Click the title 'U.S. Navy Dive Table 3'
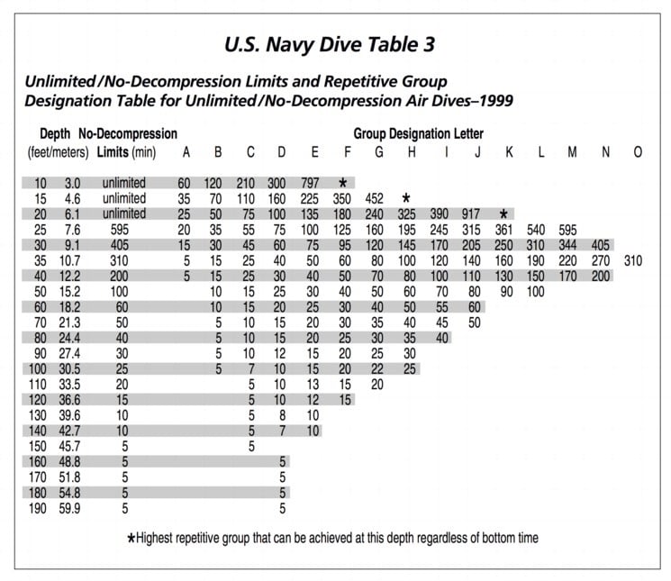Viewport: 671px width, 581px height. pos(335,43)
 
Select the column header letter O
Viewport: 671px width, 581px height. pos(637,152)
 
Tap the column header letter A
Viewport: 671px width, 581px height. pos(186,152)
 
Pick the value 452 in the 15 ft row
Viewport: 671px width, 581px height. pos(375,198)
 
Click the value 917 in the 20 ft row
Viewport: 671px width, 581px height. pos(472,213)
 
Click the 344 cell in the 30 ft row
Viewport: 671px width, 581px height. pos(570,245)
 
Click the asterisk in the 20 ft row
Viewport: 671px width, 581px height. pos(504,214)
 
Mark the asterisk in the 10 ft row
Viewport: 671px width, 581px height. pos(342,183)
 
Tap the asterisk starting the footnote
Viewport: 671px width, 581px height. pos(132,539)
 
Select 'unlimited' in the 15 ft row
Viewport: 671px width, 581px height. pos(123,198)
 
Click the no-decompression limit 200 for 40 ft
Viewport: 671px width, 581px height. pos(123,276)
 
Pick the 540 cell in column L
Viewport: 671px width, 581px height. pos(537,230)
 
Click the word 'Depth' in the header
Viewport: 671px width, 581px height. pos(55,134)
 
